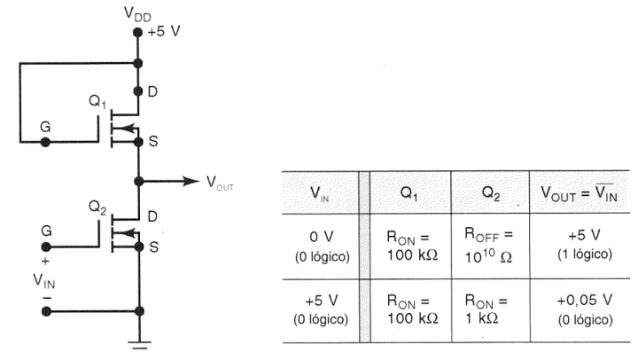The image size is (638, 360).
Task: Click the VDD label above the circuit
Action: pos(137,15)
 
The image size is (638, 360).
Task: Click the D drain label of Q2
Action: pos(158,216)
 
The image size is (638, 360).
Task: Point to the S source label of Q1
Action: pos(158,141)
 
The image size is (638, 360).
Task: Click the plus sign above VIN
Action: pos(46,262)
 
